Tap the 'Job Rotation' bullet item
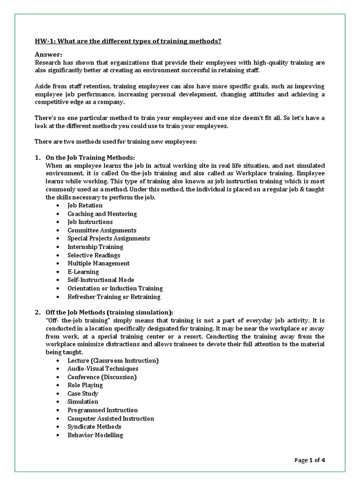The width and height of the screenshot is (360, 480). (x=85, y=205)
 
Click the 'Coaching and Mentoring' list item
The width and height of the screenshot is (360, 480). (x=102, y=214)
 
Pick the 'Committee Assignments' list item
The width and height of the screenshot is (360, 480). (x=102, y=230)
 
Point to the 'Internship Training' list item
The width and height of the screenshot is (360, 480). (x=95, y=247)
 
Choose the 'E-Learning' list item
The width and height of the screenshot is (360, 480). (x=83, y=271)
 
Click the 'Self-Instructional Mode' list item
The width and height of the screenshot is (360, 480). (x=100, y=280)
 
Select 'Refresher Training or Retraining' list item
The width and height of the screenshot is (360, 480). (x=114, y=297)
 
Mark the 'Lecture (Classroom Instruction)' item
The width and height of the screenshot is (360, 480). (x=113, y=360)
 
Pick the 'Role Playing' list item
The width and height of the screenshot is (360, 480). (x=85, y=385)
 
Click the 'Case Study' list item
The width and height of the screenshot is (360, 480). (x=83, y=394)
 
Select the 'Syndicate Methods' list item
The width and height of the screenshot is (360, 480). (x=94, y=427)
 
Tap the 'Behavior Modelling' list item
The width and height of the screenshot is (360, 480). (x=95, y=435)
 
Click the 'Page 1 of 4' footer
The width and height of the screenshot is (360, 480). (x=310, y=460)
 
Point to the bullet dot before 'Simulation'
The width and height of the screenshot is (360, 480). (x=57, y=402)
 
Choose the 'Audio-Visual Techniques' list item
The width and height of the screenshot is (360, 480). (x=103, y=368)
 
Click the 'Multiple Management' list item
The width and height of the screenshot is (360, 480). (x=98, y=263)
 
